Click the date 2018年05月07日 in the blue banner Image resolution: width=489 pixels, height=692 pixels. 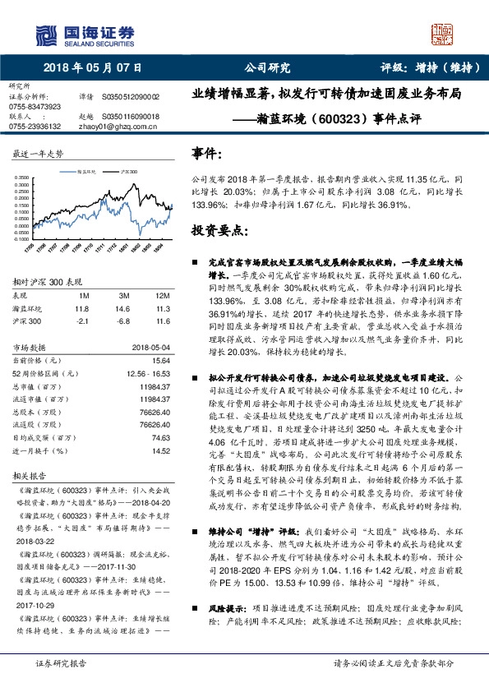point(91,67)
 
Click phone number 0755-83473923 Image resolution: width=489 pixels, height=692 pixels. point(35,107)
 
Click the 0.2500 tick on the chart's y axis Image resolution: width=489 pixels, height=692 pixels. point(20,186)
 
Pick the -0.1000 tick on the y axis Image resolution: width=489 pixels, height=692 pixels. point(20,238)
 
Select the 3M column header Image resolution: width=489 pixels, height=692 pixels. point(122,294)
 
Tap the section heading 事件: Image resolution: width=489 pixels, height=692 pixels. point(206,153)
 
